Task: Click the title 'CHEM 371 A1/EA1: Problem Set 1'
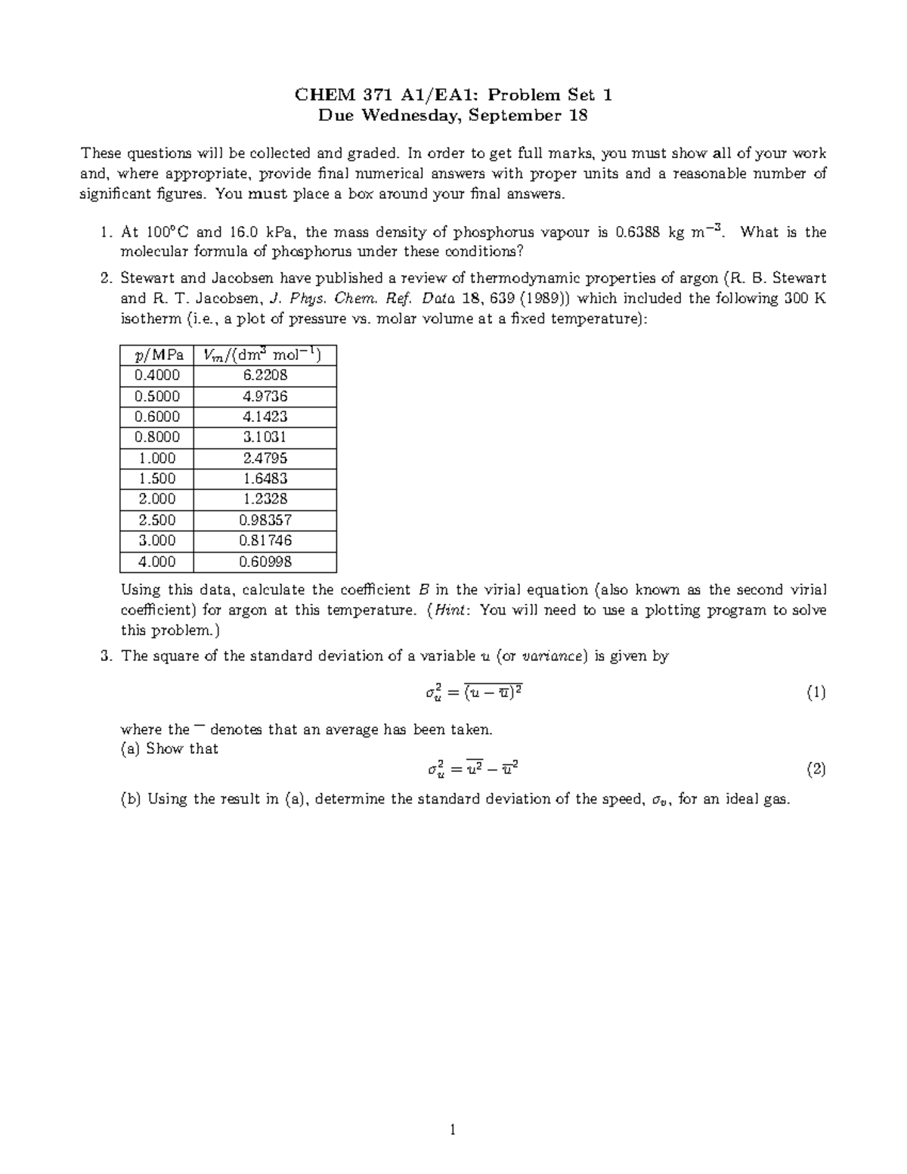click(453, 95)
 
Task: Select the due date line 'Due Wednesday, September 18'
click(453, 116)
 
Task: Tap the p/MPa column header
click(157, 355)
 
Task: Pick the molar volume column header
click(265, 355)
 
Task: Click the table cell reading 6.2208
click(265, 375)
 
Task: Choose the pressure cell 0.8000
click(157, 437)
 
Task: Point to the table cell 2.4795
click(265, 458)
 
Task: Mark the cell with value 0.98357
click(265, 520)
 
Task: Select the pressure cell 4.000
click(157, 562)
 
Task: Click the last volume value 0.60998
click(265, 562)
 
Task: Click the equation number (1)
click(816, 692)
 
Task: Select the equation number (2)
click(816, 770)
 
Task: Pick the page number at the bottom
click(453, 1131)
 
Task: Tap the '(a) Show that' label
click(169, 749)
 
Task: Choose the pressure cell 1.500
click(157, 479)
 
